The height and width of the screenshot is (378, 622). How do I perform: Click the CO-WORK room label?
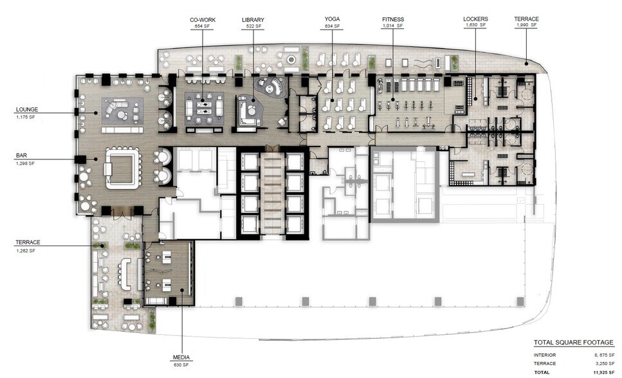202,20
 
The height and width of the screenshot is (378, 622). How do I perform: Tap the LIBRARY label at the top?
253,20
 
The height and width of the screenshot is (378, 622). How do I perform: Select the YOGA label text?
332,20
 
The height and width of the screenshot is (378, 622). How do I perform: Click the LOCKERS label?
475,19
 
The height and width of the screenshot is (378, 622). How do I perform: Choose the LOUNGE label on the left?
26,110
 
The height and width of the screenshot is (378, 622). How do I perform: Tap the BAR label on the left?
21,156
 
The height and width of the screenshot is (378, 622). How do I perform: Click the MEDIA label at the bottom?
182,357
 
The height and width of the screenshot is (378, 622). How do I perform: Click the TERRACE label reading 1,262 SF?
28,242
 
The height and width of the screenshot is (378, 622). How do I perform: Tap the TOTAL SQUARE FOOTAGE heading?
573,343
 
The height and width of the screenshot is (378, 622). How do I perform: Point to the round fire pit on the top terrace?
291,59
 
